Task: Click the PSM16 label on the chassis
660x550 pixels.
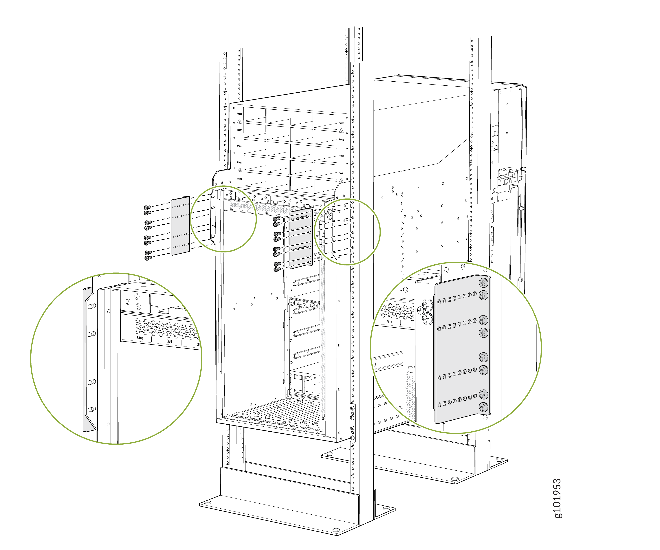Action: tap(239, 114)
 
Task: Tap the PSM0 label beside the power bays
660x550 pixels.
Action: tap(239, 179)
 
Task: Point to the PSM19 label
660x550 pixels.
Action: tap(341, 123)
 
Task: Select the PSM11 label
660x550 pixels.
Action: tap(341, 156)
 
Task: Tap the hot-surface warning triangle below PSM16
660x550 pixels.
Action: tap(239, 121)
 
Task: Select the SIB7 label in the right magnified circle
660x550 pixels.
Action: tap(389, 322)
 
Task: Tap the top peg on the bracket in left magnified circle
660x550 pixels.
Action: tap(91, 306)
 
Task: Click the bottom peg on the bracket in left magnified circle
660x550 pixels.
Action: tap(91, 409)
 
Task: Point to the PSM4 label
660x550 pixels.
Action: tap(239, 162)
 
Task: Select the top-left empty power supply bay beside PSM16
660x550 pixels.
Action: tap(255, 115)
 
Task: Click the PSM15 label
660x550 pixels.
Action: tap(341, 140)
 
